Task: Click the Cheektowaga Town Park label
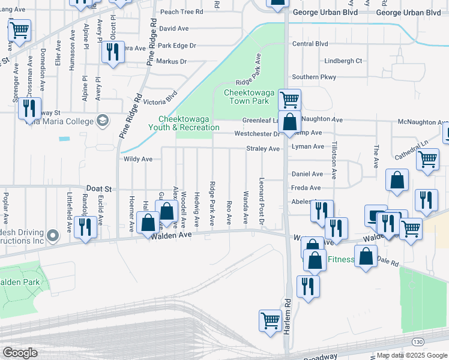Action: (248, 97)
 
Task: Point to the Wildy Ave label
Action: (138, 159)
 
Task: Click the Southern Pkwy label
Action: (314, 77)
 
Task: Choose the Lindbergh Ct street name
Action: (343, 61)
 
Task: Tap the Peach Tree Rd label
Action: (181, 11)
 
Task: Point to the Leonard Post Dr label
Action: (262, 202)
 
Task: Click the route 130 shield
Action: (417, 341)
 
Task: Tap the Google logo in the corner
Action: (19, 353)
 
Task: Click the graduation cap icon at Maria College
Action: (103, 121)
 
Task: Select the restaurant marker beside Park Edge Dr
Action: (112, 52)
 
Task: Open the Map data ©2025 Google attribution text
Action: (412, 355)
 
